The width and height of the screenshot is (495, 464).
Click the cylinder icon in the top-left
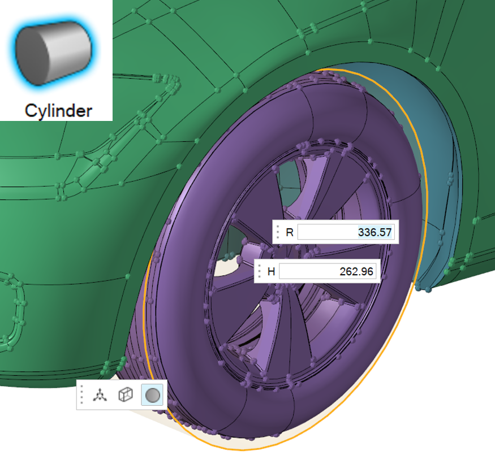54,53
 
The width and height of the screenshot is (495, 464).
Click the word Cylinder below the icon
58,111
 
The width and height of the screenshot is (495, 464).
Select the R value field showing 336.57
346,232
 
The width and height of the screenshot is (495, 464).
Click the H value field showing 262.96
328,271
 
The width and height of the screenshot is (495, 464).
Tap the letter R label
290,232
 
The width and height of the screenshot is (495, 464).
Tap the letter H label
271,272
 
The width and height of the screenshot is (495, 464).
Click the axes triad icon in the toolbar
100,395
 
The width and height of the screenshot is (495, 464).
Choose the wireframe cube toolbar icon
126,394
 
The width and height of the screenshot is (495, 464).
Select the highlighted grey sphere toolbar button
152,395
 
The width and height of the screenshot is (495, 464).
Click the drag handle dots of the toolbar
82,394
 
